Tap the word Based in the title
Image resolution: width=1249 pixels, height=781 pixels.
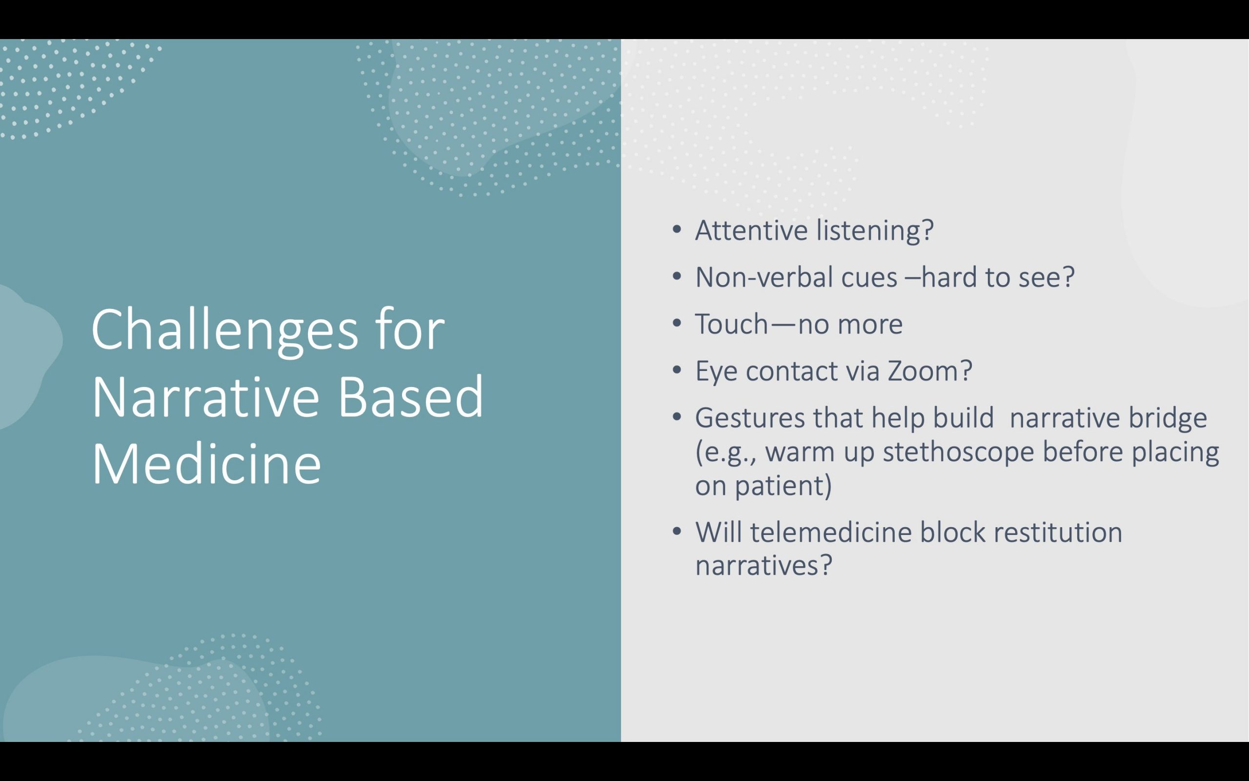click(x=411, y=396)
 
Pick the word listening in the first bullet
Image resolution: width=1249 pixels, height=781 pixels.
click(x=875, y=231)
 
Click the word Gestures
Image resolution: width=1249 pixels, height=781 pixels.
click(x=750, y=418)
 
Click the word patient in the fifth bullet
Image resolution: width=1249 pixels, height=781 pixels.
click(x=784, y=486)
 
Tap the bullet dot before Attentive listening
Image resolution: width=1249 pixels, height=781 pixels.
click(x=677, y=230)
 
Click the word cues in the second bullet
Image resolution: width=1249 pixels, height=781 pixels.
click(x=869, y=278)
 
